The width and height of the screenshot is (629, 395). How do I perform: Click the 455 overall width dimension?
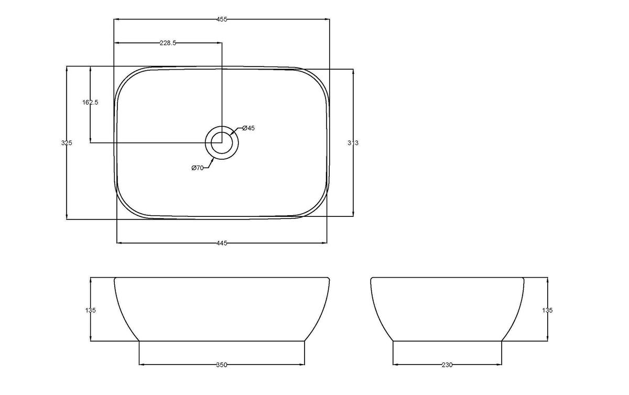222,19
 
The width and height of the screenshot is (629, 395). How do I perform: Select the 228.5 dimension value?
168,43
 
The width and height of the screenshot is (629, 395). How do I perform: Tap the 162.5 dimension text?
90,103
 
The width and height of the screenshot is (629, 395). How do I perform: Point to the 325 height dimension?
67,143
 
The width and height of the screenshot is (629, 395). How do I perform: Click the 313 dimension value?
353,143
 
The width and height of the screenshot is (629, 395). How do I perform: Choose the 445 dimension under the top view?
222,243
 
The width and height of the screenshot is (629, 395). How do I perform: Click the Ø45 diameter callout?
248,128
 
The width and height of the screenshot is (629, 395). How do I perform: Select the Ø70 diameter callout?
198,168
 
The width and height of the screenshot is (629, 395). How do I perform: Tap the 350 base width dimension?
222,365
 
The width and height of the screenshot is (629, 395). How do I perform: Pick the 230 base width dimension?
447,365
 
